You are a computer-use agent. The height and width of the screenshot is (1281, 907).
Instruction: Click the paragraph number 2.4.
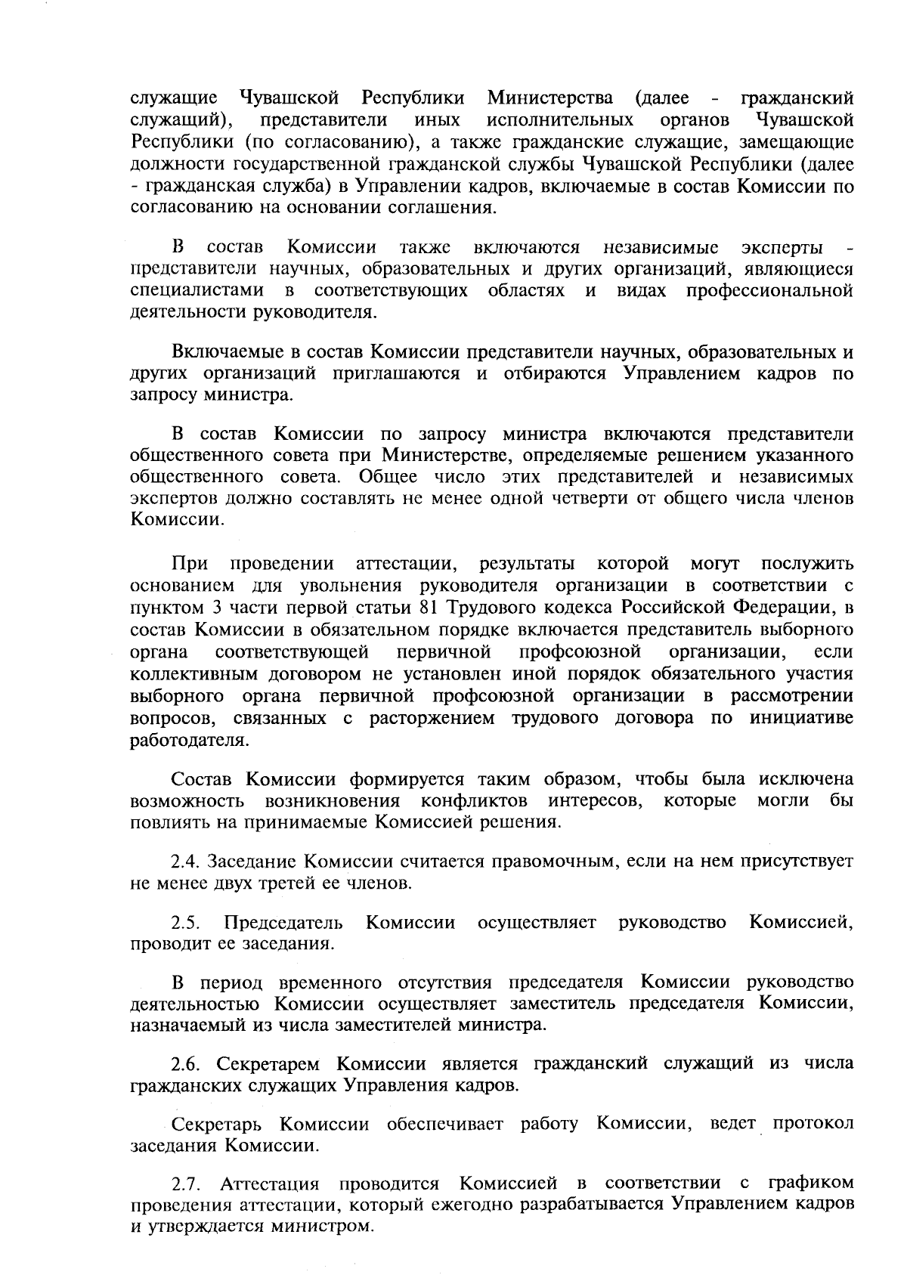pyautogui.click(x=186, y=862)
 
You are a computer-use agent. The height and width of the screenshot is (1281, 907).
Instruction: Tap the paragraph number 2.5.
pyautogui.click(x=186, y=923)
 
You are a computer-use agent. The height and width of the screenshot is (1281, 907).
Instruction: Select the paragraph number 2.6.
pyautogui.click(x=186, y=1064)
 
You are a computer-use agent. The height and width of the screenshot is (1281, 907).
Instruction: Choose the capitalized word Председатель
pyautogui.click(x=284, y=923)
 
